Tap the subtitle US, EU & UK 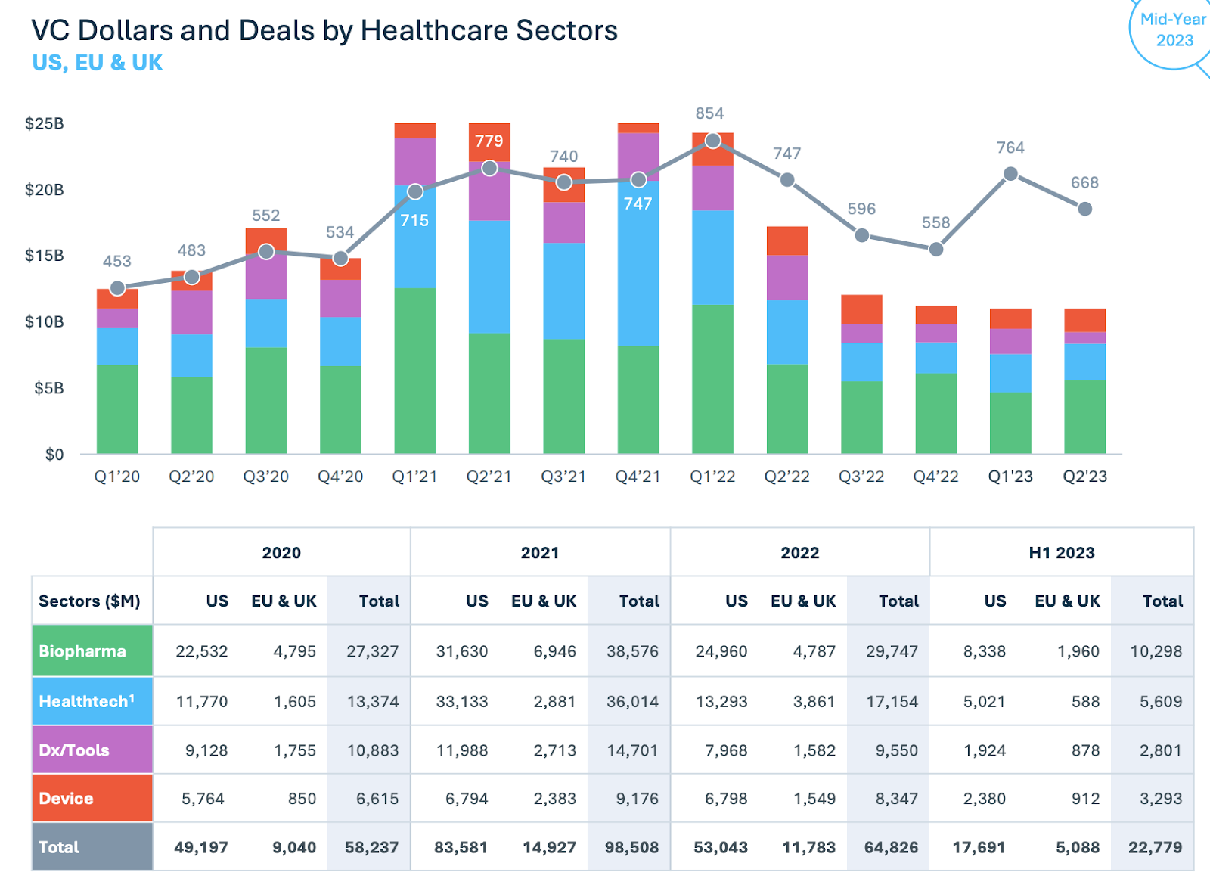point(97,63)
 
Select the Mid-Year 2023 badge point(1173,30)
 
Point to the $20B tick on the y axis point(44,190)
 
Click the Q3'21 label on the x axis point(563,477)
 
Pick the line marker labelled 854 point(712,141)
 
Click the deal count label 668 point(1084,182)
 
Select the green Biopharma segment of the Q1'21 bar point(414,371)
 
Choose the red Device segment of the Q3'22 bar point(861,309)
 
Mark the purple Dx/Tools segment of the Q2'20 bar point(191,312)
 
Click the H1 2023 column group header point(1061,553)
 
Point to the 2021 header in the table point(540,553)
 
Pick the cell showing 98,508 point(631,848)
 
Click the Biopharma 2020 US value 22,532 point(201,651)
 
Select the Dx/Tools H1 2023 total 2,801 point(1160,750)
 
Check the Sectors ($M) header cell point(89,601)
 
